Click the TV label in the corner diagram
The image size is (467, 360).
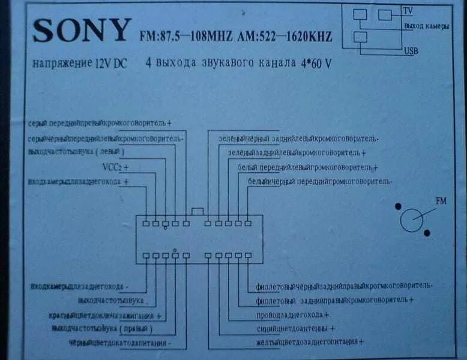408,11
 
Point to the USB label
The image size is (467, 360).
411,50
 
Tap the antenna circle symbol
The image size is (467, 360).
412,220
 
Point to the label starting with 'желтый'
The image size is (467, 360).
310,342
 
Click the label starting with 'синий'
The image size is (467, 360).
295,329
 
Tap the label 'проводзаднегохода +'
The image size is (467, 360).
292,315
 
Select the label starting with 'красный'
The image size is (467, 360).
108,316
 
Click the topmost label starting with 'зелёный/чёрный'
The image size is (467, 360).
298,139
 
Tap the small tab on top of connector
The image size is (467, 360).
197,211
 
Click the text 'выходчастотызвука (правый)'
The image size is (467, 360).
103,329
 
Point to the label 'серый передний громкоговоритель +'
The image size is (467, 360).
100,123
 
